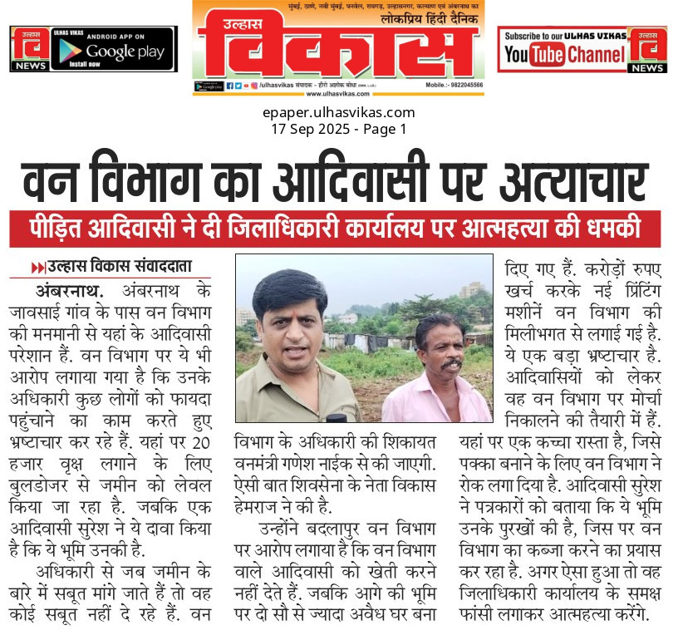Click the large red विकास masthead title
pos(338,50)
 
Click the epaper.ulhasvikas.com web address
pos(338,113)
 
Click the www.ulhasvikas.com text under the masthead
pos(338,95)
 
